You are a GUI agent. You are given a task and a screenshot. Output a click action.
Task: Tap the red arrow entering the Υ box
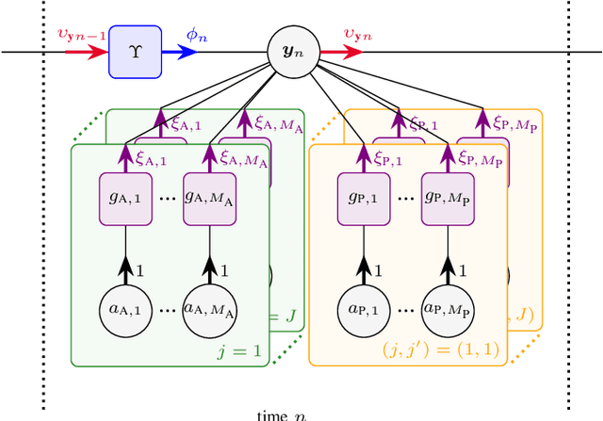[84, 51]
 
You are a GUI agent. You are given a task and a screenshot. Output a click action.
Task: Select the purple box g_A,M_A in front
[210, 198]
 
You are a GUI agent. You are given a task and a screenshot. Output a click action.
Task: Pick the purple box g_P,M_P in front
[448, 198]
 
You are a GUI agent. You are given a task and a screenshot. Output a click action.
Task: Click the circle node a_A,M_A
[210, 308]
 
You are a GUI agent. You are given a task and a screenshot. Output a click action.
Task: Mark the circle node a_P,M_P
[448, 308]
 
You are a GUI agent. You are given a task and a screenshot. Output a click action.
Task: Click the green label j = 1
[236, 352]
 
